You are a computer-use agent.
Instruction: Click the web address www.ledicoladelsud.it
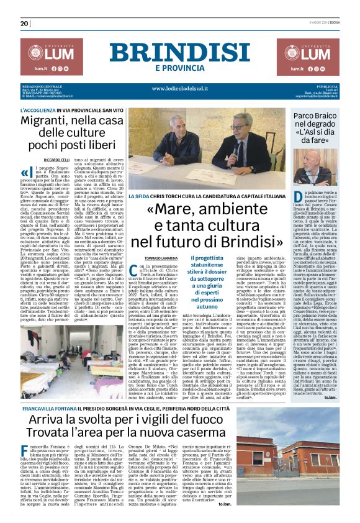tap(180, 89)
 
